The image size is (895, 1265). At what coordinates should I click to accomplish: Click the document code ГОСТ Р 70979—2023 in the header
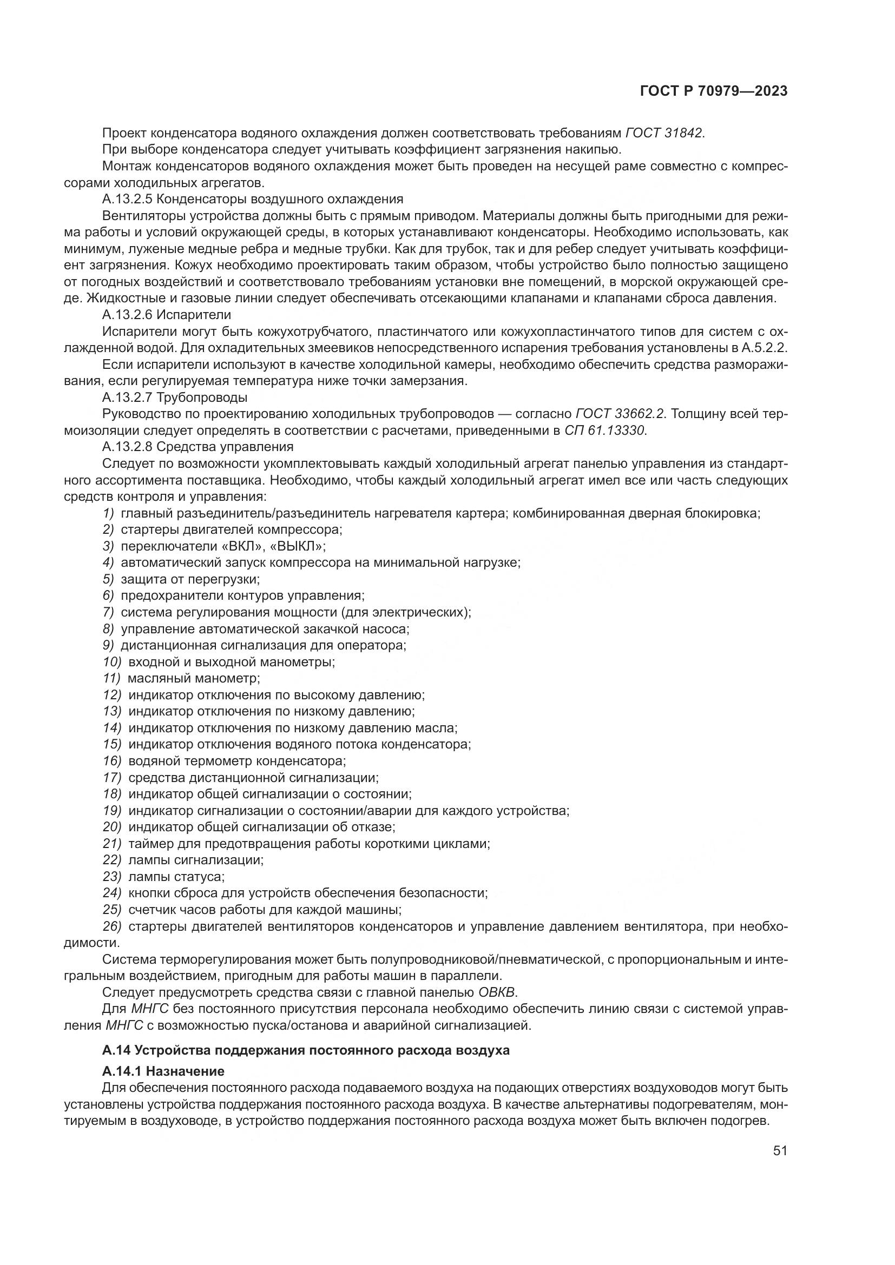coord(713,91)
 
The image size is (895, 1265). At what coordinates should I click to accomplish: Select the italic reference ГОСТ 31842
coord(664,133)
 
